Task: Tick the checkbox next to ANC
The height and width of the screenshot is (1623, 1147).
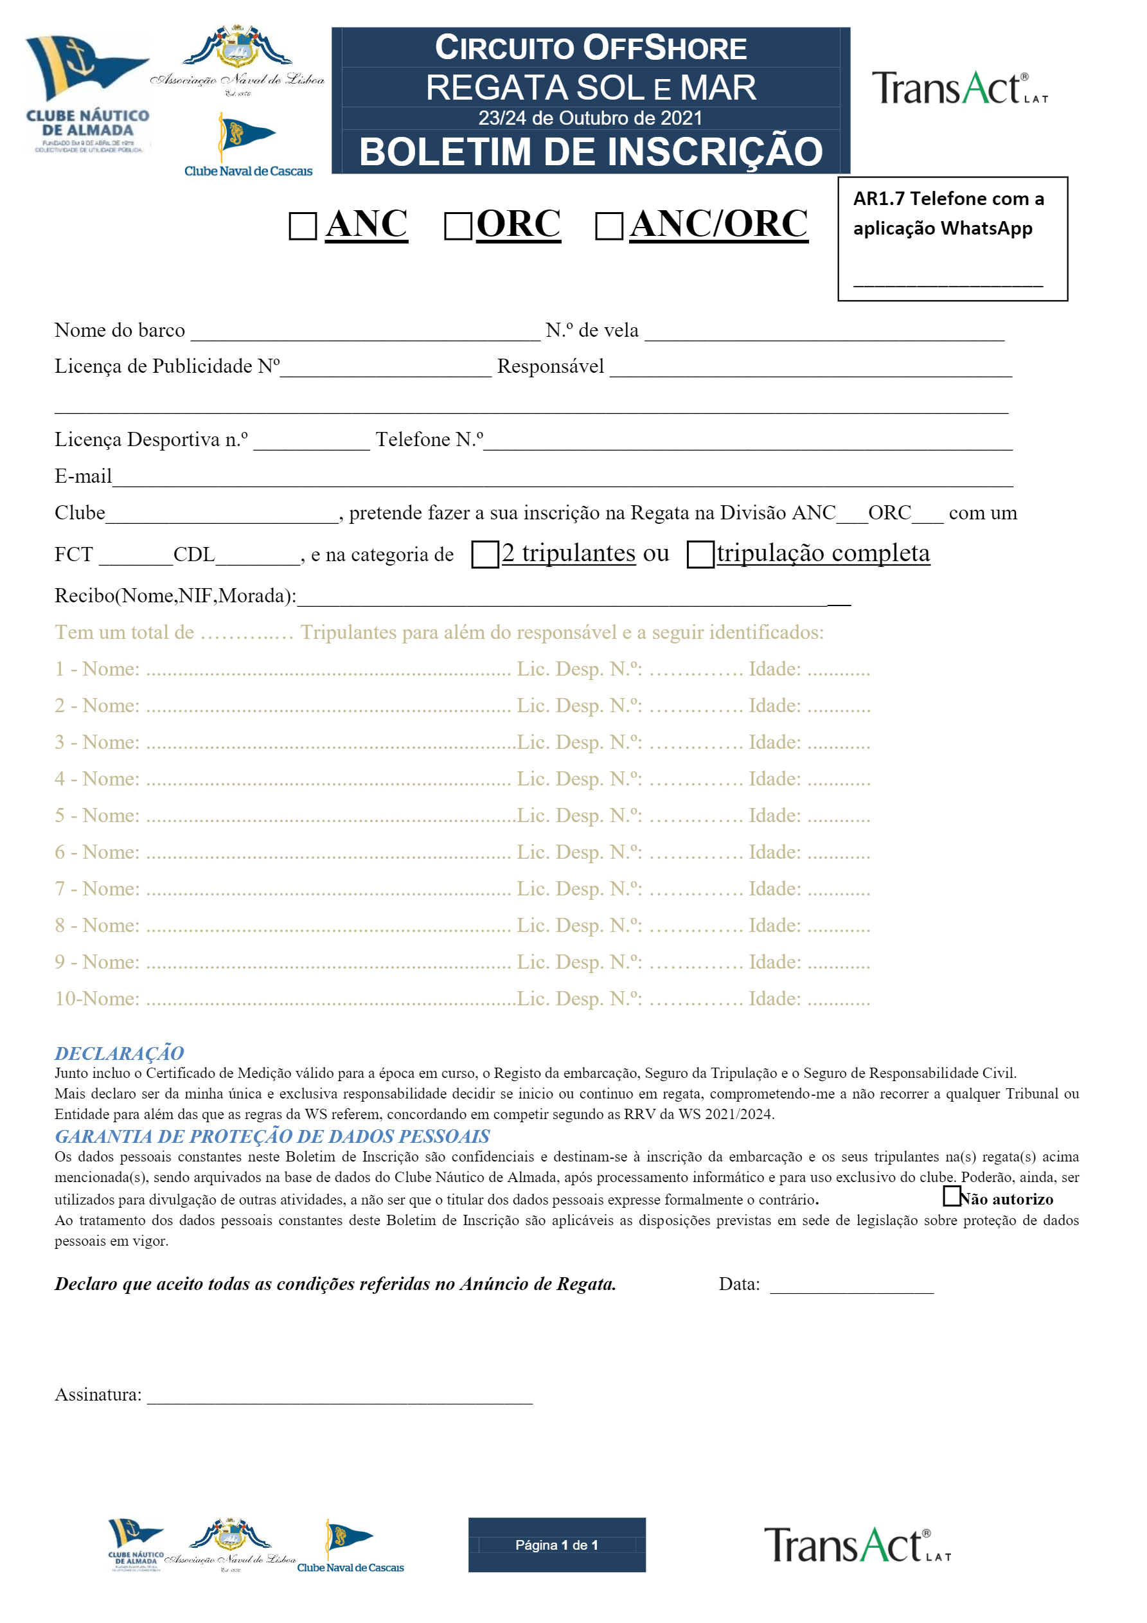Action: [303, 226]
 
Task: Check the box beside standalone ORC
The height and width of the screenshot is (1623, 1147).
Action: [458, 226]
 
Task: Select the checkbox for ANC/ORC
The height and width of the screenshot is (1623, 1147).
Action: [609, 226]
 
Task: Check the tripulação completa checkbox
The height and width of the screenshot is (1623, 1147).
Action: [700, 554]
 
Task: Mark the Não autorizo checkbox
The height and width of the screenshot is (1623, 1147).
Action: [951, 1196]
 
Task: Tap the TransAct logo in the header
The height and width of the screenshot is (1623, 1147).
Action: [959, 88]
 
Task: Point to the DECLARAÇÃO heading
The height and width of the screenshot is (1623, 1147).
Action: [120, 1054]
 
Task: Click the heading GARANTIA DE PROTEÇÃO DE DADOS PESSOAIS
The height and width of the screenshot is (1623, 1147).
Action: [272, 1136]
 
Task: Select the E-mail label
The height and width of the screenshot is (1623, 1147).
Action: [83, 476]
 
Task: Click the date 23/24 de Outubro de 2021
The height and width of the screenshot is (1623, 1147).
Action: [590, 118]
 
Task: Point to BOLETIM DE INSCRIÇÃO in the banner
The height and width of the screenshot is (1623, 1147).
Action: [591, 152]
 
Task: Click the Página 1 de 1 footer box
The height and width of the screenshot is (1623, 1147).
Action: [557, 1545]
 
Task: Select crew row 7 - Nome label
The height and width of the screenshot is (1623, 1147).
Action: [98, 888]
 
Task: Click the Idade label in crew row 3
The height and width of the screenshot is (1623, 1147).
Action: [774, 742]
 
